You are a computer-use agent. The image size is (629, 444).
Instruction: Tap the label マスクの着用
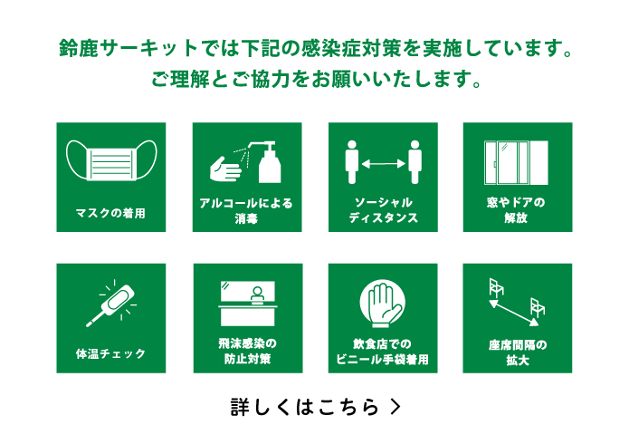110,214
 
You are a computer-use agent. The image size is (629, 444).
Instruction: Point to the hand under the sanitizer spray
224,169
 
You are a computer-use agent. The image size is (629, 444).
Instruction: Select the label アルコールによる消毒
246,211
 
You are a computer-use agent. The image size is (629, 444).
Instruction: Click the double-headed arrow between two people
382,164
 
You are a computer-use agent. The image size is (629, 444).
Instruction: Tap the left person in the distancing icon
353,161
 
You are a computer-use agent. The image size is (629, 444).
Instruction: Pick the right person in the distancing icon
415,161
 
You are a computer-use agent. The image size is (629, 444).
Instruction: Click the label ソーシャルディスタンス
383,211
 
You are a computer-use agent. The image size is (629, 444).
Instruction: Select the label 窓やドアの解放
517,211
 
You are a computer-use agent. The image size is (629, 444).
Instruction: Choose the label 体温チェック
110,352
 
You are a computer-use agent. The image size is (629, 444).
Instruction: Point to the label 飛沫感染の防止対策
246,352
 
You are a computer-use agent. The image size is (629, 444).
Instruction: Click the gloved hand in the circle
382,303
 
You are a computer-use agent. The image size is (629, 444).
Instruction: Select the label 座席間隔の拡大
517,352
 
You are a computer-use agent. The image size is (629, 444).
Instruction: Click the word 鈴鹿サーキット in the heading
118,46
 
